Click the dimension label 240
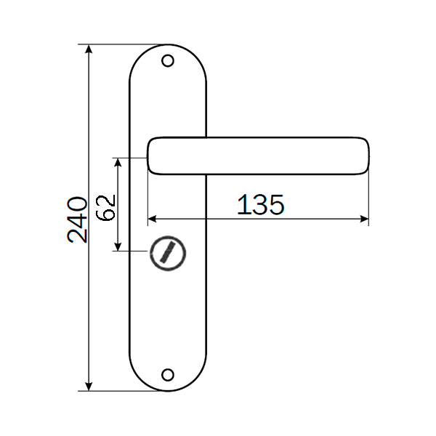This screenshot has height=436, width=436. (x=77, y=219)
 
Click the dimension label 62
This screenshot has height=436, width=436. (x=105, y=208)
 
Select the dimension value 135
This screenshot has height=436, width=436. (x=261, y=205)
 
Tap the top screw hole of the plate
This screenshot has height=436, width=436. (x=168, y=61)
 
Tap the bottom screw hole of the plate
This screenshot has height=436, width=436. (x=168, y=375)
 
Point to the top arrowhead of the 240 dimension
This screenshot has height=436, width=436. (x=89, y=49)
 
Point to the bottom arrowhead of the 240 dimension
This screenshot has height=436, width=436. (x=89, y=387)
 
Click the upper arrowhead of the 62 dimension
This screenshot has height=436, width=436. (x=118, y=162)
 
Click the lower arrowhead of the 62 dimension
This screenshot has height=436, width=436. (x=118, y=246)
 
